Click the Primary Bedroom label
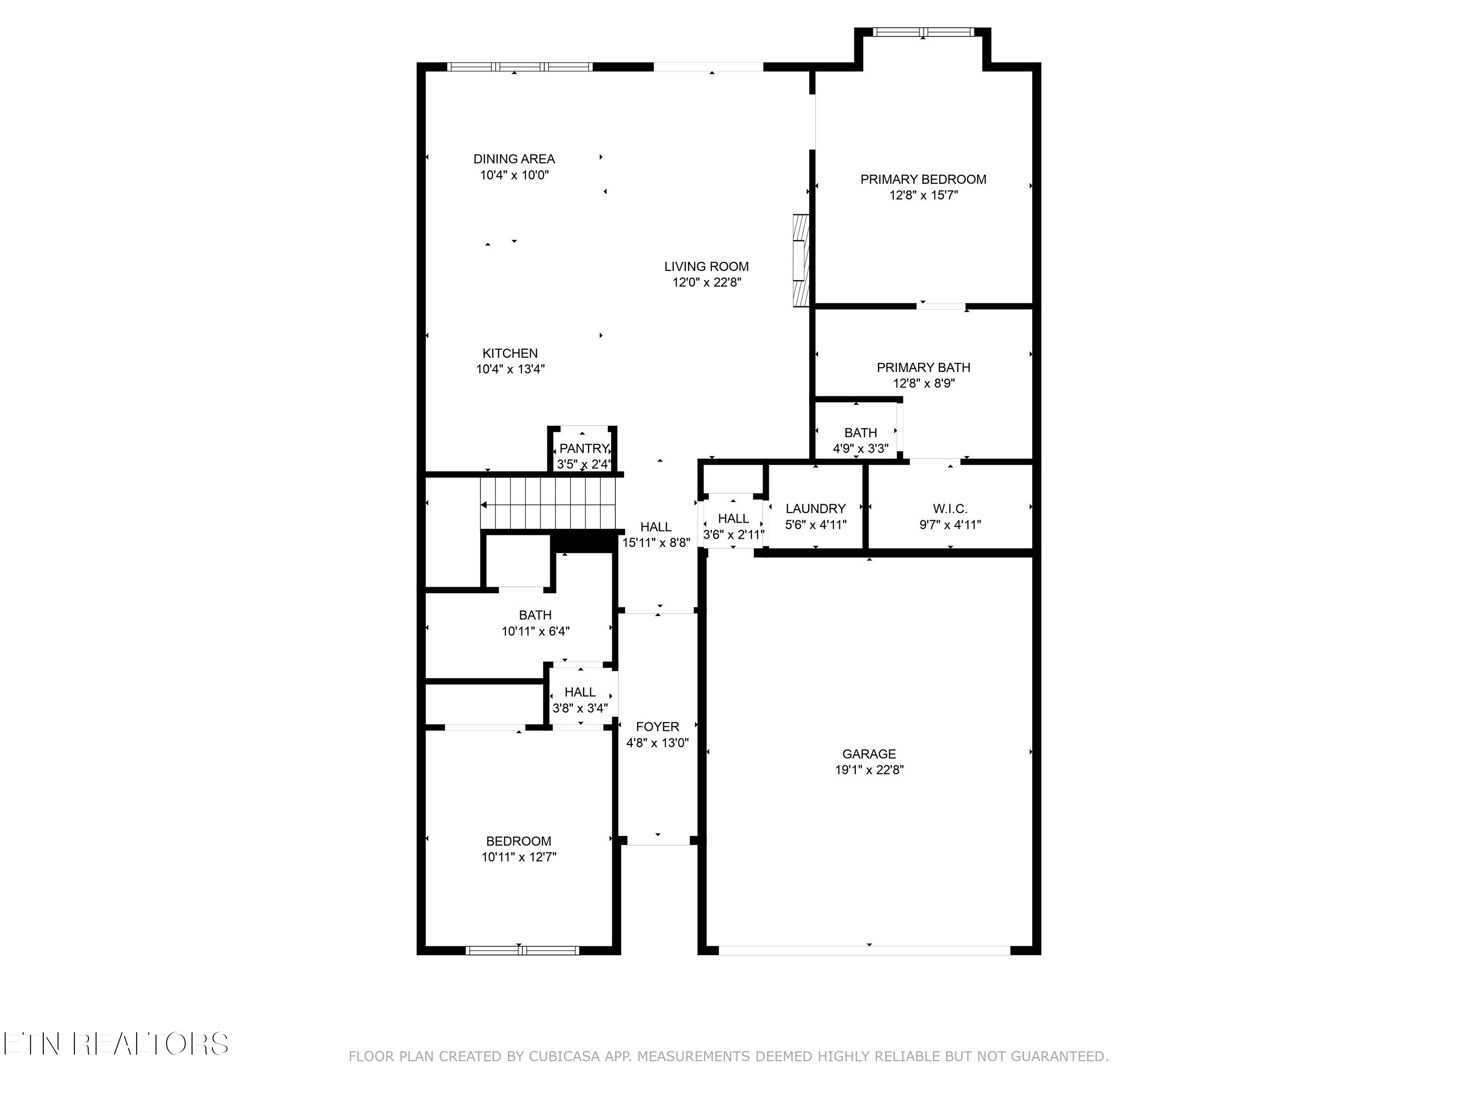click(923, 179)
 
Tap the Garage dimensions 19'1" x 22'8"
click(869, 770)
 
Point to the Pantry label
click(583, 448)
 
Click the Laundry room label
click(816, 509)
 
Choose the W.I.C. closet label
click(950, 509)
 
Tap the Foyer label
click(657, 727)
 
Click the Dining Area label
click(514, 159)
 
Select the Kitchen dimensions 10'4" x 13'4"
click(510, 369)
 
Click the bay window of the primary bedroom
click(923, 32)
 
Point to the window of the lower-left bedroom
click(522, 950)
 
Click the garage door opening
click(864, 950)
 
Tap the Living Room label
click(706, 266)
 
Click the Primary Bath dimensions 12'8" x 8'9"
click(923, 383)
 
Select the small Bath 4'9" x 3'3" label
click(860, 433)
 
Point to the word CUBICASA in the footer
click(564, 1057)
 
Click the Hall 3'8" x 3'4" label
click(580, 692)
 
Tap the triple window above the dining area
click(520, 67)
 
